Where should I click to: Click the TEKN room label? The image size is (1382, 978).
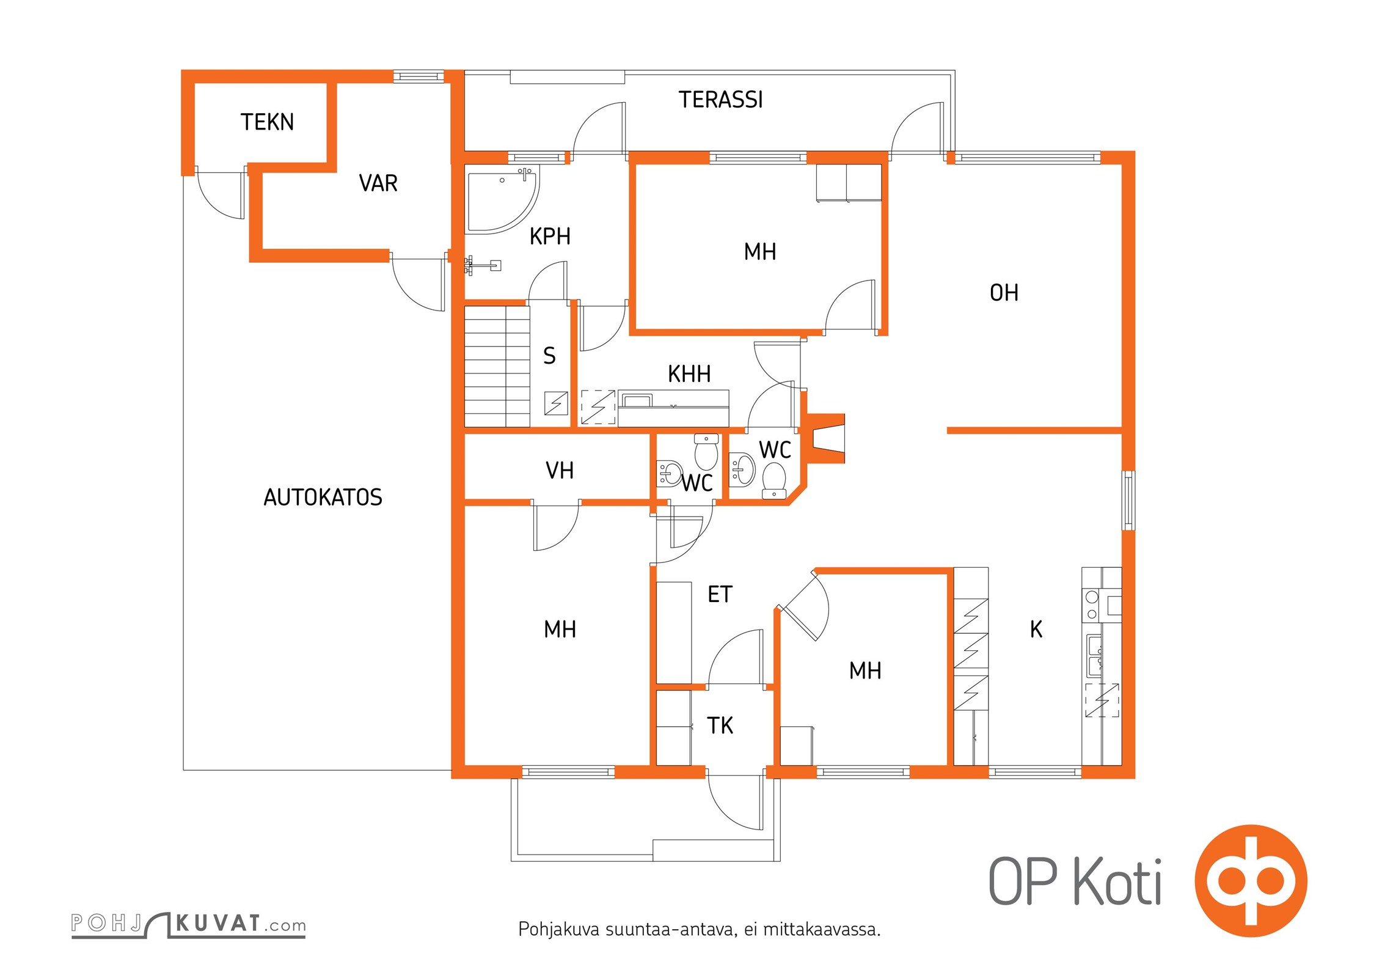point(267,122)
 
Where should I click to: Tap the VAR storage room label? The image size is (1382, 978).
point(378,183)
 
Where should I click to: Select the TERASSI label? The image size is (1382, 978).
point(720,100)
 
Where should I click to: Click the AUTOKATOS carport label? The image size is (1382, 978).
point(323,498)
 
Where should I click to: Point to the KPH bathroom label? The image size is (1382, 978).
point(550,237)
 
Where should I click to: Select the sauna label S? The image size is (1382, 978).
point(549,356)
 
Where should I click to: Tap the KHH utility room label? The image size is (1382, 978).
point(689,374)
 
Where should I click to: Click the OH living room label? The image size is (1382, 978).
point(1004,293)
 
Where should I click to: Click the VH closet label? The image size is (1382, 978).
point(560,471)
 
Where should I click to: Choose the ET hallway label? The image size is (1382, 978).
point(720,594)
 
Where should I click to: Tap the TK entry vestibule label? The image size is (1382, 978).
point(720,726)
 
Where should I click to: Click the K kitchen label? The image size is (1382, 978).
point(1036,630)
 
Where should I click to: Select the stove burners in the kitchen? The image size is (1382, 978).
point(1092,605)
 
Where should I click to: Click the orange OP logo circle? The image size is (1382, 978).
point(1251,881)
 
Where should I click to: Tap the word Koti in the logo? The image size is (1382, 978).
point(1117,882)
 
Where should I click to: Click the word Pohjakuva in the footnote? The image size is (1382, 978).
point(559,930)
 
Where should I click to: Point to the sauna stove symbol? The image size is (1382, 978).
point(556,403)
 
